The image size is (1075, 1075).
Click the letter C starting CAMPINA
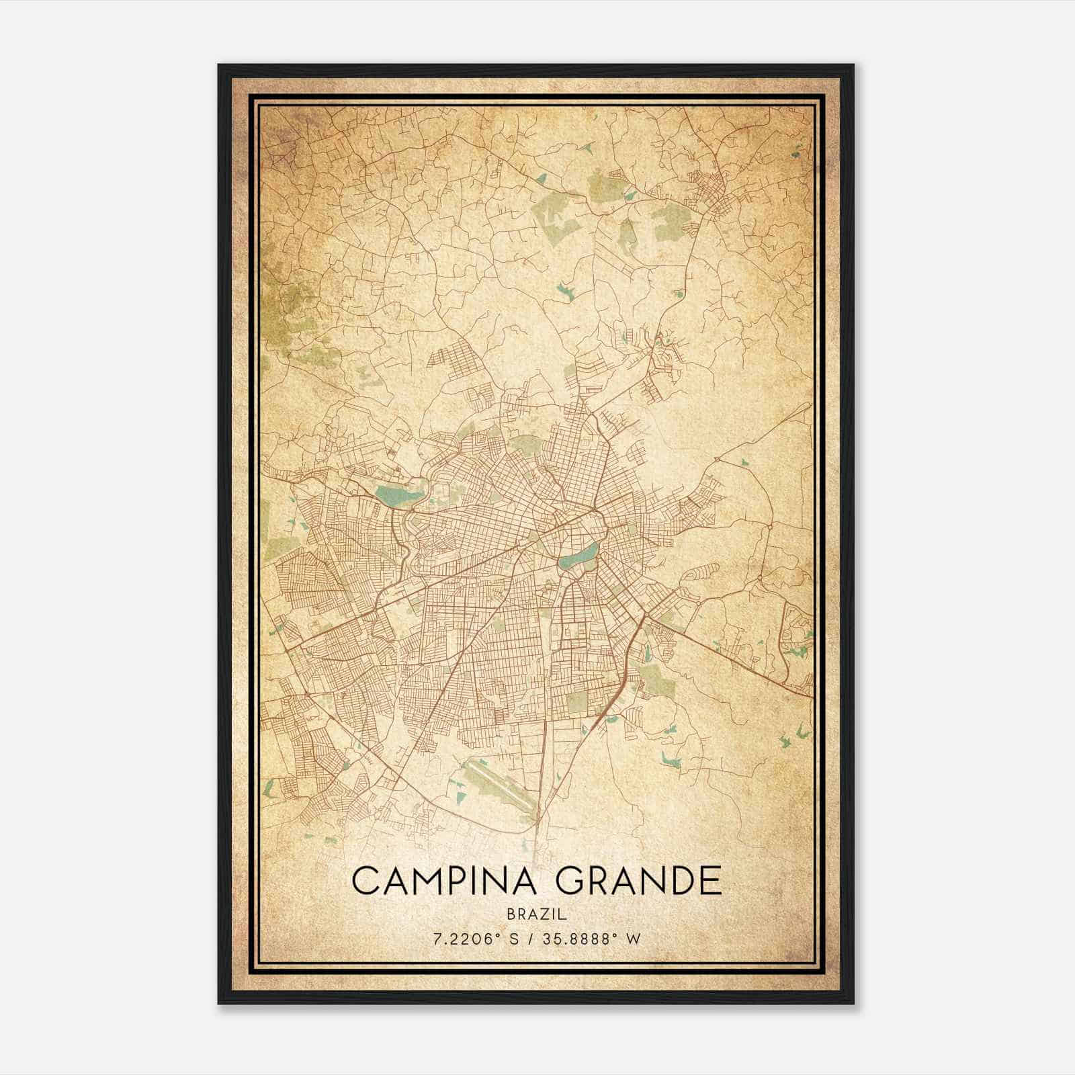pos(364,881)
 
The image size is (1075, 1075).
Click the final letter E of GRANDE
pos(709,881)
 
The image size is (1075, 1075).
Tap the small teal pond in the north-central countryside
pos(563,290)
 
